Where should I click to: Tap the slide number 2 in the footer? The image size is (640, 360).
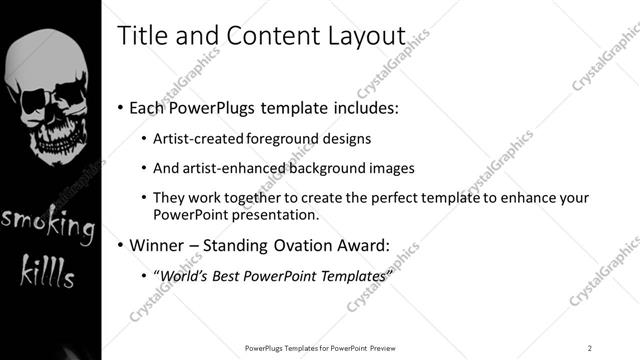pyautogui.click(x=589, y=347)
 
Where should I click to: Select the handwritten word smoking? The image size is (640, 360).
pyautogui.click(x=48, y=225)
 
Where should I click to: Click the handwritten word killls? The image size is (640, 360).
pyautogui.click(x=49, y=271)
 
